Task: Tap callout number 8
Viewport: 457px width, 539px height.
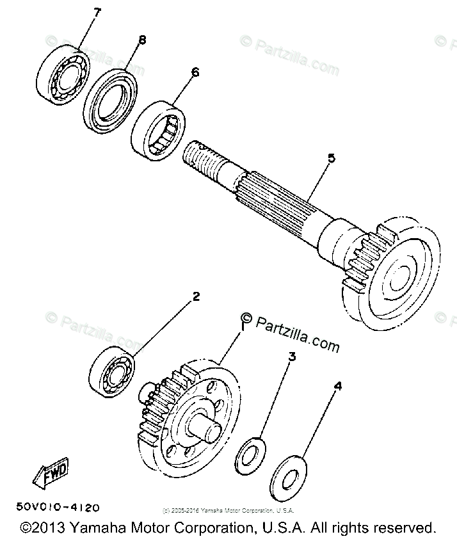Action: point(141,40)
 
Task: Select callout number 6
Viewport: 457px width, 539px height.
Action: point(195,72)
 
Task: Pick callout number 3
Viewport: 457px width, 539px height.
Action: point(291,357)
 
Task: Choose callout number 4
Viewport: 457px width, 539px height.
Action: point(337,386)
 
